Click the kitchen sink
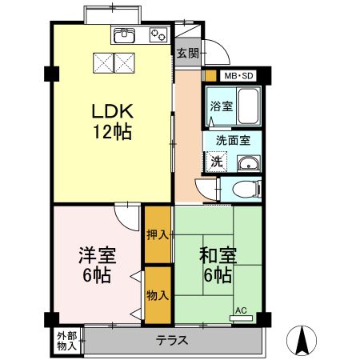click(x=125, y=34)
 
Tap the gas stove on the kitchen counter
click(x=158, y=35)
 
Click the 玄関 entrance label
click(x=188, y=54)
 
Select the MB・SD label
click(x=238, y=76)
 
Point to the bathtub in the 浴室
click(x=248, y=106)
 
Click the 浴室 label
click(x=222, y=106)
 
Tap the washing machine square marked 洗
click(x=216, y=161)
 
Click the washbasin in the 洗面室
click(x=249, y=163)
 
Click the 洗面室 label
click(x=233, y=141)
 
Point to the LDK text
click(x=113, y=111)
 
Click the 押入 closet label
click(x=158, y=235)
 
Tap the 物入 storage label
click(x=158, y=295)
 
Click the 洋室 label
click(x=97, y=255)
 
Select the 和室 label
click(x=218, y=255)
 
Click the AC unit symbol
click(x=241, y=318)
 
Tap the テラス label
click(x=172, y=341)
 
